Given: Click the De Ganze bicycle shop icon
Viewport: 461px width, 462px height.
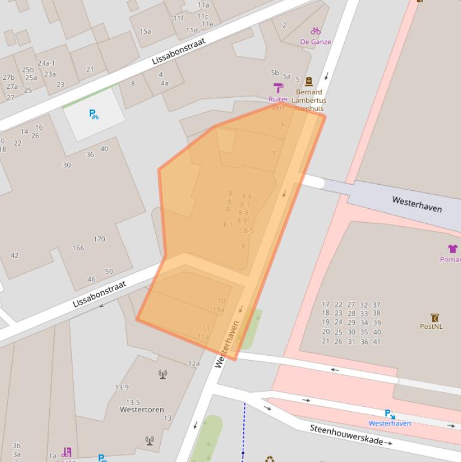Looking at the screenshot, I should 315,31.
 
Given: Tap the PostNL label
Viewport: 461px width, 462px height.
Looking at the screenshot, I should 431,326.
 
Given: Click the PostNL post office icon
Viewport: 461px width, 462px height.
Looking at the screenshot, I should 435,317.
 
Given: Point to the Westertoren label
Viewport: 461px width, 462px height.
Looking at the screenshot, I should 141,410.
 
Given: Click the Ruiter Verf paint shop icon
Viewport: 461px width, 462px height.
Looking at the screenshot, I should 278,88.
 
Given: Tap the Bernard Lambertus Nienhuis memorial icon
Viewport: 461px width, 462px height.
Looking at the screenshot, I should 309,82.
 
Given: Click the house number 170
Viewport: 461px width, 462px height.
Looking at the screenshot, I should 99,239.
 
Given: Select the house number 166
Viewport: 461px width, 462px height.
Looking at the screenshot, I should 78,248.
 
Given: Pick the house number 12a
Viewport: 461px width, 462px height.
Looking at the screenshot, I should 194,363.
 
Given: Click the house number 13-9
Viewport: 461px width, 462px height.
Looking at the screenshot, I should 122,387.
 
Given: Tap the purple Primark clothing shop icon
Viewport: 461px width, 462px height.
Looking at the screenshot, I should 453,248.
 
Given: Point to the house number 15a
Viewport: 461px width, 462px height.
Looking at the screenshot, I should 145,31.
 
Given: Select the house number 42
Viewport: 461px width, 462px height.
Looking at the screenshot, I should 14,255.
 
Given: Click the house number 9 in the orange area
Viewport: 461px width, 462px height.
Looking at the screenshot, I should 243,245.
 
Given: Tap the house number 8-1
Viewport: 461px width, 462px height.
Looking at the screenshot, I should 228,224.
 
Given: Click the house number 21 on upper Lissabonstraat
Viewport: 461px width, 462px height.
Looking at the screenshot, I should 90,69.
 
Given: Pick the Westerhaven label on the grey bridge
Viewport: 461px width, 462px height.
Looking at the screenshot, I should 417,204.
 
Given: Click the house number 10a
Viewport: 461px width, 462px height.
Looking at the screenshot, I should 218,310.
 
